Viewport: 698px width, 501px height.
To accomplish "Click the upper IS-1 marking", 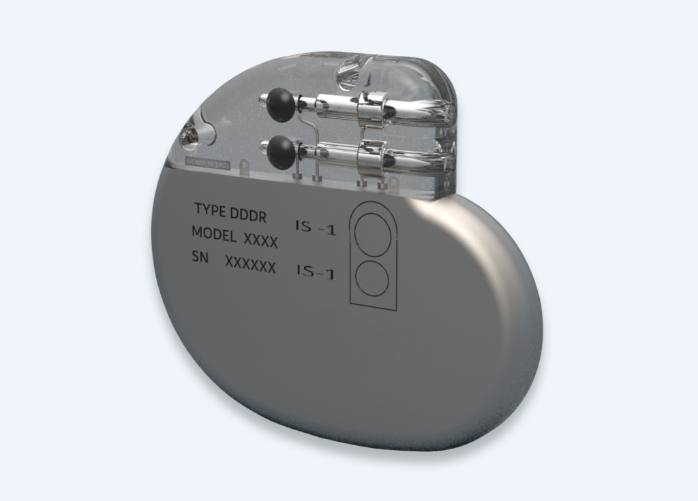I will click(x=316, y=228).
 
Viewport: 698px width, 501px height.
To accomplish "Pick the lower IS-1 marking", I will click(x=316, y=273).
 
